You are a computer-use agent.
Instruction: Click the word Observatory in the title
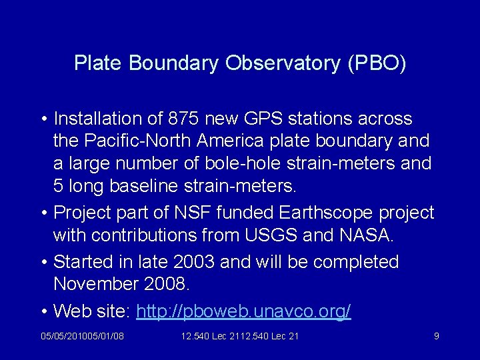pyautogui.click(x=279, y=63)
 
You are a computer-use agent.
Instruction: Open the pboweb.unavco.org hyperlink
pyautogui.click(x=243, y=311)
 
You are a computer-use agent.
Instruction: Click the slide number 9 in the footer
pyautogui.click(x=436, y=337)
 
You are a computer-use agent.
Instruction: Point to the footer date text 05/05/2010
pyautogui.click(x=61, y=337)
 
